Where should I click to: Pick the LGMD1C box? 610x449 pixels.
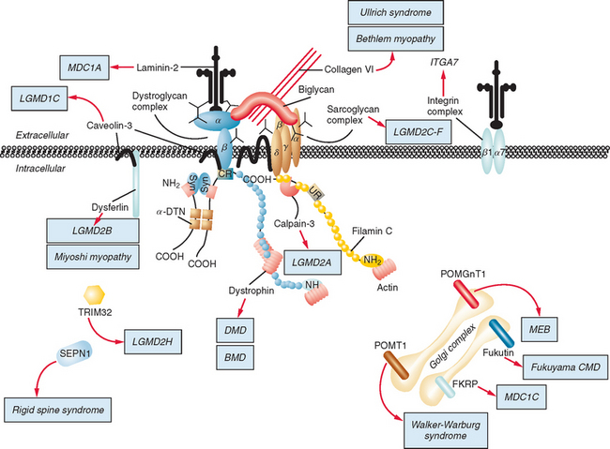tap(37, 96)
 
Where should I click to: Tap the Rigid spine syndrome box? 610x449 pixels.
tap(66, 410)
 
